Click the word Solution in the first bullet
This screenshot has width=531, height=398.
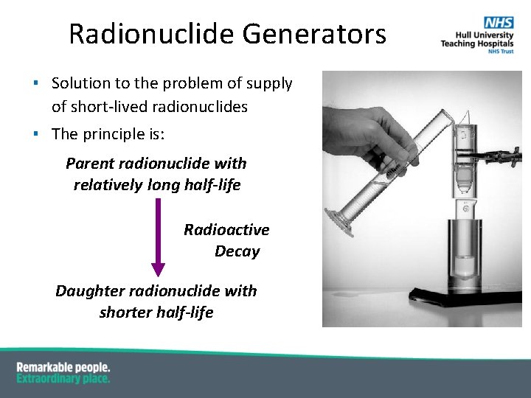[80, 84]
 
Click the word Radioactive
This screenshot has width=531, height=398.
[226, 230]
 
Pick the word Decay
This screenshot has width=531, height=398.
[237, 251]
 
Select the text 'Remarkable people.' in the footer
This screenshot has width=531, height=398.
[63, 367]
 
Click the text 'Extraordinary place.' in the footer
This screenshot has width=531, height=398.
[63, 379]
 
